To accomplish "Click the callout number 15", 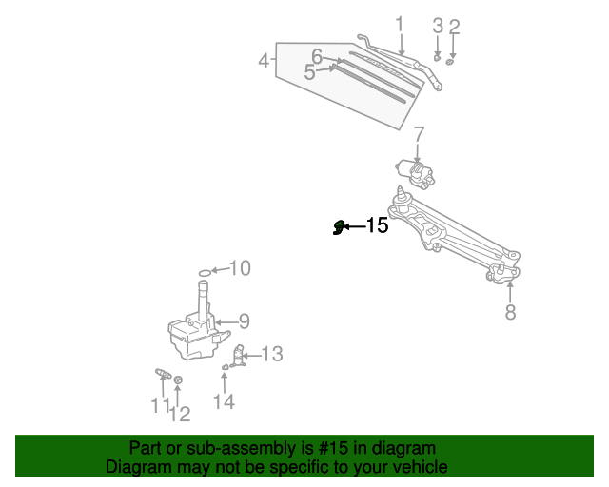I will click(378, 225).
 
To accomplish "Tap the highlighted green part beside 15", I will click(338, 226).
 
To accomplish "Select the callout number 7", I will click(418, 134).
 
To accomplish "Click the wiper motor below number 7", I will click(417, 171).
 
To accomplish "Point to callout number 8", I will click(511, 312).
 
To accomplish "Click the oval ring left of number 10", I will click(204, 273).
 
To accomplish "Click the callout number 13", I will click(272, 354).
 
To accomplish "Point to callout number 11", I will click(159, 405).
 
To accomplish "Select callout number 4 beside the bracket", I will click(265, 62).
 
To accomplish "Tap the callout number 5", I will click(309, 71).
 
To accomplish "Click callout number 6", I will click(317, 56).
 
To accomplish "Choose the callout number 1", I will click(400, 24).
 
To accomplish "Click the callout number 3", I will click(438, 25).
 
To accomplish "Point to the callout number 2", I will click(454, 26).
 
